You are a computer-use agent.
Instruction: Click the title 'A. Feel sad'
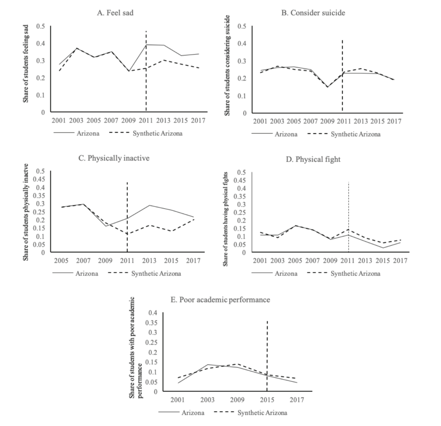[115, 13]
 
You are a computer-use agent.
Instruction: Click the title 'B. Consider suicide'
[313, 13]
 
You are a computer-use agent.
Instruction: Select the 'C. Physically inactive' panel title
[114, 158]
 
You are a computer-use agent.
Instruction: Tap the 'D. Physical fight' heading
[313, 160]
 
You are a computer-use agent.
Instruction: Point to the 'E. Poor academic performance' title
[220, 300]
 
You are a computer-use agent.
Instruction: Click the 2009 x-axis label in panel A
[128, 120]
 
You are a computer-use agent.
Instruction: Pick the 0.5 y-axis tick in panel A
[40, 26]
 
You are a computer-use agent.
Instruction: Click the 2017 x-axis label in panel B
[394, 121]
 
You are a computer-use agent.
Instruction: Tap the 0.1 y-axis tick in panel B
[242, 96]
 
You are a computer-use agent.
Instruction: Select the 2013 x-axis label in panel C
[149, 261]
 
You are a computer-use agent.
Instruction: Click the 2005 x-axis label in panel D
[295, 261]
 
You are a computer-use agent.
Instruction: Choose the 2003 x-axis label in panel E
[208, 400]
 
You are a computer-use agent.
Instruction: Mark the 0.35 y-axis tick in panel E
[151, 323]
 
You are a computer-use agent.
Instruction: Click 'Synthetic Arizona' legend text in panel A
[158, 133]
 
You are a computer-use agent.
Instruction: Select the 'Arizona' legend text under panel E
[193, 413]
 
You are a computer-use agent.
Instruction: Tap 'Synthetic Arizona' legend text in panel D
[355, 274]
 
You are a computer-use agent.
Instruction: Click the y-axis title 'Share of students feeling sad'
[26, 64]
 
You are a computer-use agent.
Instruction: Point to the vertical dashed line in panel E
[267, 355]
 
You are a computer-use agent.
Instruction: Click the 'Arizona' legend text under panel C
[87, 273]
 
